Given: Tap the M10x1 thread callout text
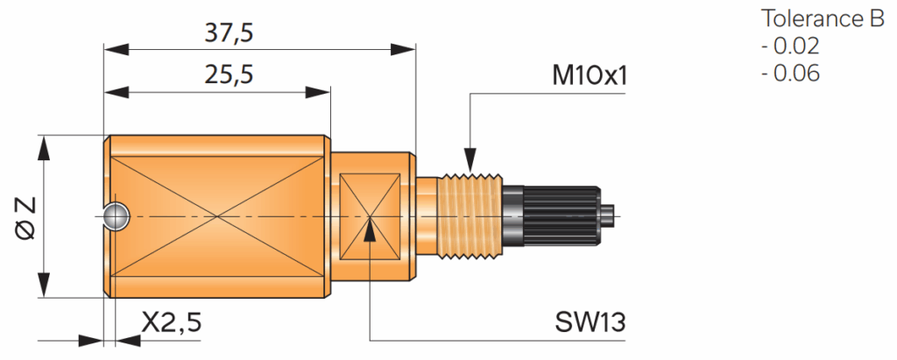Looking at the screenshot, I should click(590, 77).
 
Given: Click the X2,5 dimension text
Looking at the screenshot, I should click(172, 322).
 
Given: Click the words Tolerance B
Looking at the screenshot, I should click(823, 19).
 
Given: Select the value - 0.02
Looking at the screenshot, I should click(791, 46).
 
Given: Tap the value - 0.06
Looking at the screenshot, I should click(791, 74).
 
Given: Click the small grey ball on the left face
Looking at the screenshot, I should click(116, 215).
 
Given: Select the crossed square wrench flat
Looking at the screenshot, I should click(370, 216).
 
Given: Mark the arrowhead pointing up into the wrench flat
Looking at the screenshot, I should click(371, 230).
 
